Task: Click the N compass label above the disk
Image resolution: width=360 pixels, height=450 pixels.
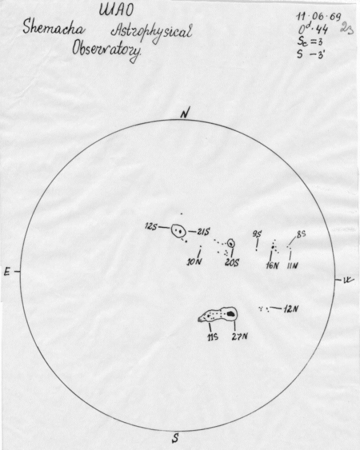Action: pyautogui.click(x=184, y=113)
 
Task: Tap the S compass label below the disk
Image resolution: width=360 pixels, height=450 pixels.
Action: pyautogui.click(x=176, y=438)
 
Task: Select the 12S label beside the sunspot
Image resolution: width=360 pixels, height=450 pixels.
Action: pyautogui.click(x=150, y=227)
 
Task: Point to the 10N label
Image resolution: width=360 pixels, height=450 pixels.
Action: pyautogui.click(x=194, y=262)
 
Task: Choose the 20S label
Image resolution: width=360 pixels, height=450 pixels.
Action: pyautogui.click(x=231, y=263)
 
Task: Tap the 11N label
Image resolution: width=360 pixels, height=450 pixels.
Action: pyautogui.click(x=293, y=265)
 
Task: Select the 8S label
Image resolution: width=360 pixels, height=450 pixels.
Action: pyautogui.click(x=301, y=234)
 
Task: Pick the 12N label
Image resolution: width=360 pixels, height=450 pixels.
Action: pyautogui.click(x=291, y=309)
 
